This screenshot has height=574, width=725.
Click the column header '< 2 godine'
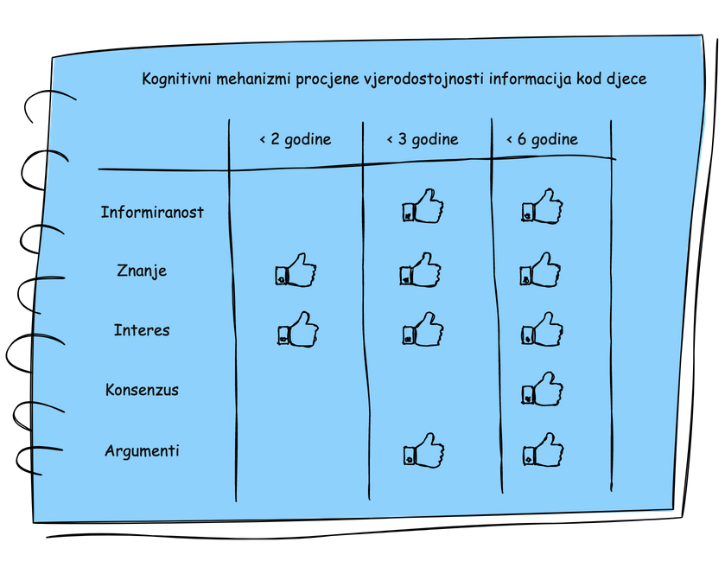(295, 139)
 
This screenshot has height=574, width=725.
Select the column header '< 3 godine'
(422, 139)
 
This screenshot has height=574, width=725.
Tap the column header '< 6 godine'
(542, 139)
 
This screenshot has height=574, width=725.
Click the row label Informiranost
(152, 212)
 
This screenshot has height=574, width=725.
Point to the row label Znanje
(142, 271)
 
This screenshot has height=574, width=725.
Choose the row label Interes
(142, 330)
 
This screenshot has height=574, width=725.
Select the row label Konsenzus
(142, 390)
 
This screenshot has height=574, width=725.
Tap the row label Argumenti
(142, 451)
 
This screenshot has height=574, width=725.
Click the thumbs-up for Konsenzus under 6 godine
(543, 389)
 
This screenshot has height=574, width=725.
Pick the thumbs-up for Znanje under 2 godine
(296, 271)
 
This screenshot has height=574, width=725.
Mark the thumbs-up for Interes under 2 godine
(298, 330)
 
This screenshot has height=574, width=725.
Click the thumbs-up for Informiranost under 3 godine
(423, 207)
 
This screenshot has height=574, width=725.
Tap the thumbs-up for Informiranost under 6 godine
(543, 207)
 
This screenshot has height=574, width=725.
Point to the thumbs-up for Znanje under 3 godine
(421, 271)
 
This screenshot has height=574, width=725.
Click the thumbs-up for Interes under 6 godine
(543, 330)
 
